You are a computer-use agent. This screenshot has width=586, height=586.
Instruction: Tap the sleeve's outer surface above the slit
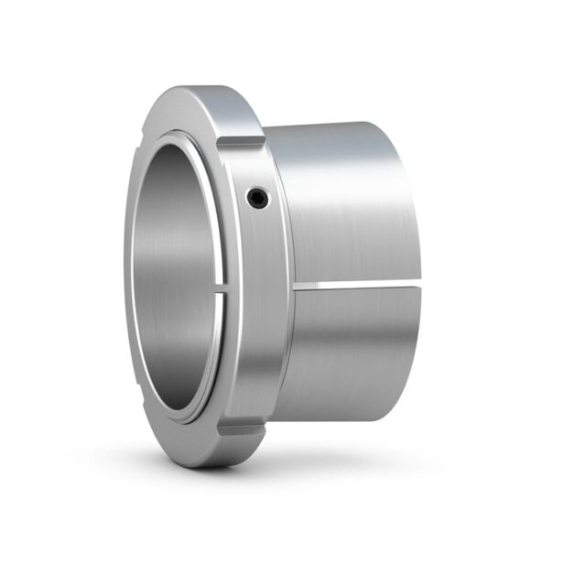[x=348, y=211]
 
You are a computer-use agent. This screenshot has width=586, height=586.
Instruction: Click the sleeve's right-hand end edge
[x=423, y=229]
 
